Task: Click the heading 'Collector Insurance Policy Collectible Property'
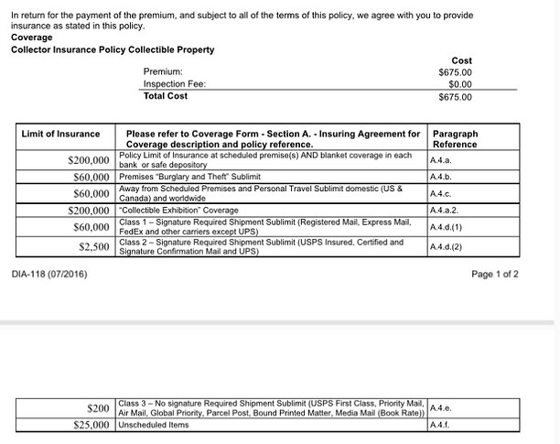pos(113,49)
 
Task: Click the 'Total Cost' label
pos(166,96)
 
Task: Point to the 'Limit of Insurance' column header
pos(60,135)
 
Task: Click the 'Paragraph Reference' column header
pos(455,139)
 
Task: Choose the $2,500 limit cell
pos(94,246)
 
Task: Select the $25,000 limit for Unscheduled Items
pos(91,425)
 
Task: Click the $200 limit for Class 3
pos(98,407)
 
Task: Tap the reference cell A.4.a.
pos(441,159)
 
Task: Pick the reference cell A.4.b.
pos(441,176)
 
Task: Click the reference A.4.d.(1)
pos(446,226)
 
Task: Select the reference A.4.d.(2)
pos(446,246)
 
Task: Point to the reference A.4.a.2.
pos(444,210)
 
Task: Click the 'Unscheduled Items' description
pos(155,425)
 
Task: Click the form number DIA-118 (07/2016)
pos(49,274)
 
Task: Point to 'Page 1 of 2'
pos(494,274)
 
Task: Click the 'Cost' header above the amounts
pos(461,60)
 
